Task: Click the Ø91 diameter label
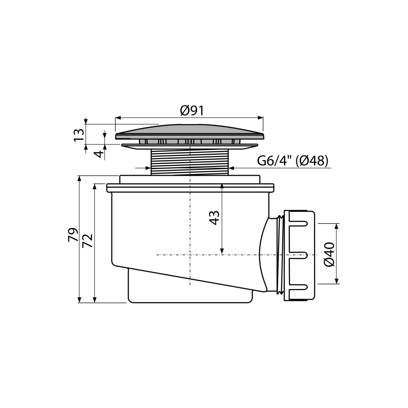[x=192, y=111]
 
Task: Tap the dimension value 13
[x=79, y=135]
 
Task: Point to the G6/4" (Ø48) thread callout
[x=293, y=161]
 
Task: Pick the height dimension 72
[x=88, y=240]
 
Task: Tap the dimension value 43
[x=214, y=218]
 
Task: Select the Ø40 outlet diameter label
[x=329, y=255]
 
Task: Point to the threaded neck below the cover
[x=190, y=162]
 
